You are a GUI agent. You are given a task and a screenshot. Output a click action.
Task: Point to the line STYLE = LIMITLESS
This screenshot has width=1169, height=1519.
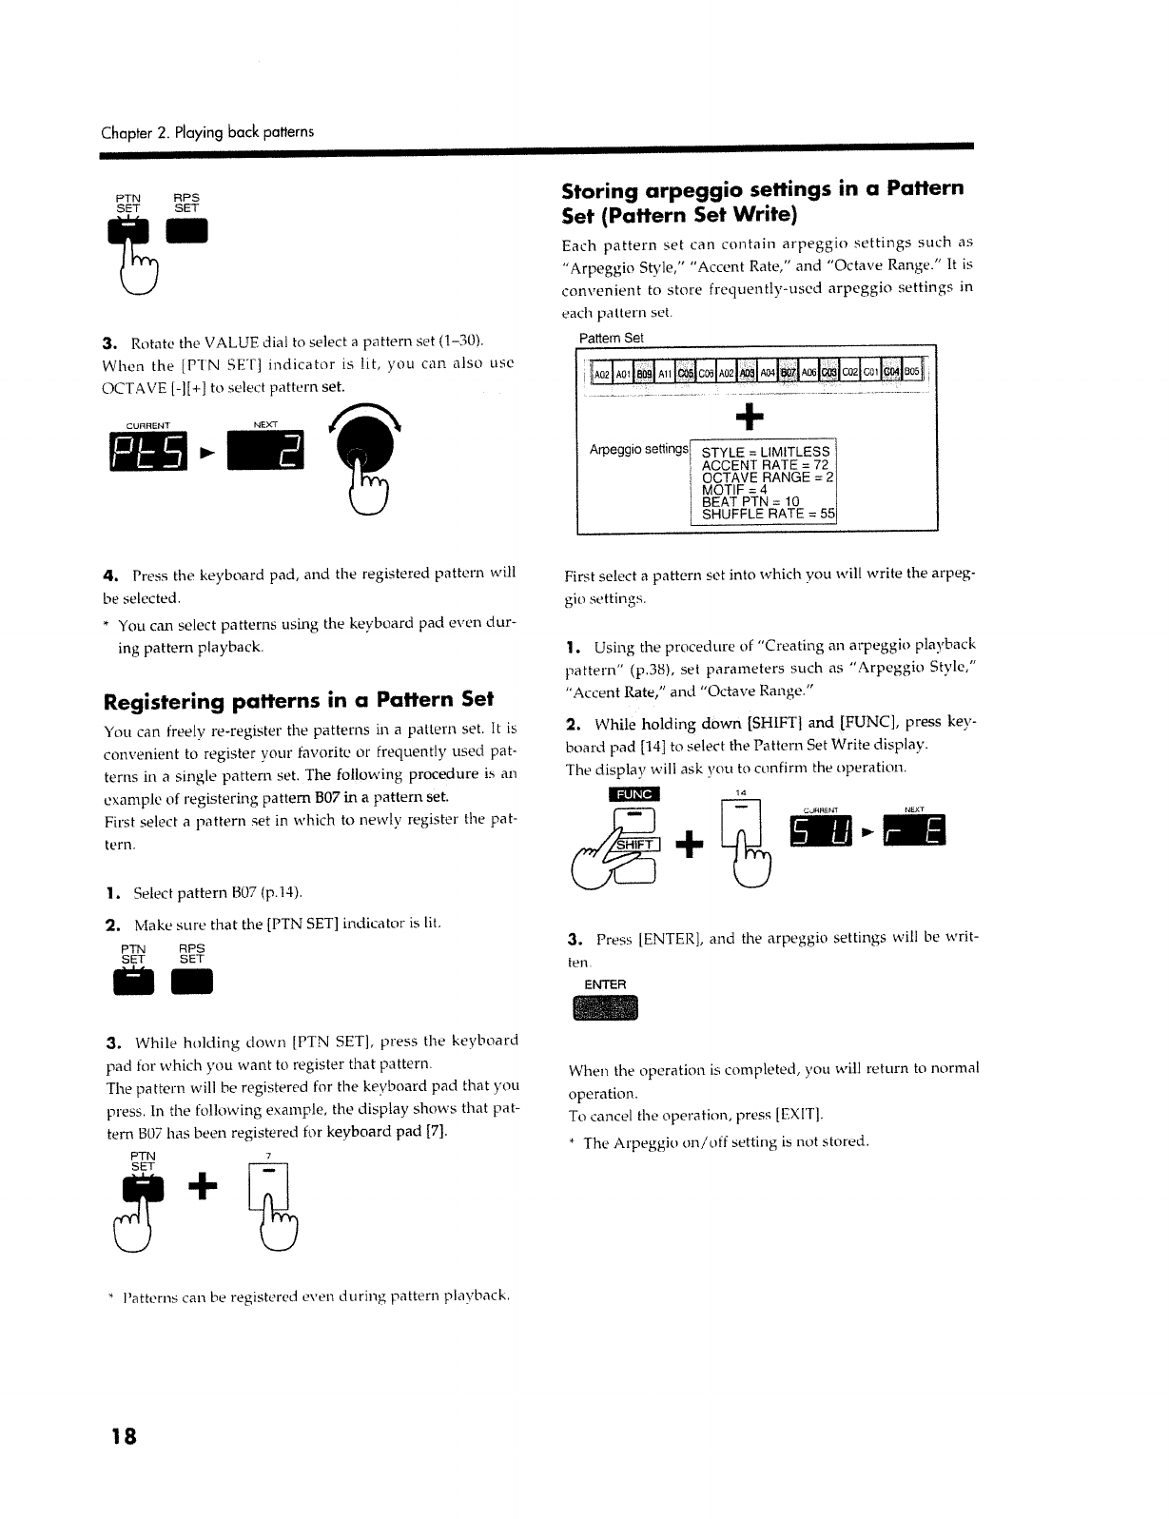point(765,451)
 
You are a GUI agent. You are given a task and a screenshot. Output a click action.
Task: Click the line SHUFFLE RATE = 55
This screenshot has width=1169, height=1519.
point(767,515)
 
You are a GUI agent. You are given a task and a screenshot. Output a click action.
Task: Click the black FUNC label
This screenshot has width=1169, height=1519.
point(633,794)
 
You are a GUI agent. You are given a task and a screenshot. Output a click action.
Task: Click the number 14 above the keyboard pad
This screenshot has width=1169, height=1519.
point(742,792)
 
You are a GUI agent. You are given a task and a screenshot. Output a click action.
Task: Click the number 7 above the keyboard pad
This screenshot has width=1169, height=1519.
point(269,1156)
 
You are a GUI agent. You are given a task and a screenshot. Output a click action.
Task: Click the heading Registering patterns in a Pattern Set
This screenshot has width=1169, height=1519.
point(298,701)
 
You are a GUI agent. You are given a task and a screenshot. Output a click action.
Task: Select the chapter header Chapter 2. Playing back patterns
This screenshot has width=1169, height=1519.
point(207,130)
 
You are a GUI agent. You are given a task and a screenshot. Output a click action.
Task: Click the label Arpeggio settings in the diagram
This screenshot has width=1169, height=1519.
point(638,448)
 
